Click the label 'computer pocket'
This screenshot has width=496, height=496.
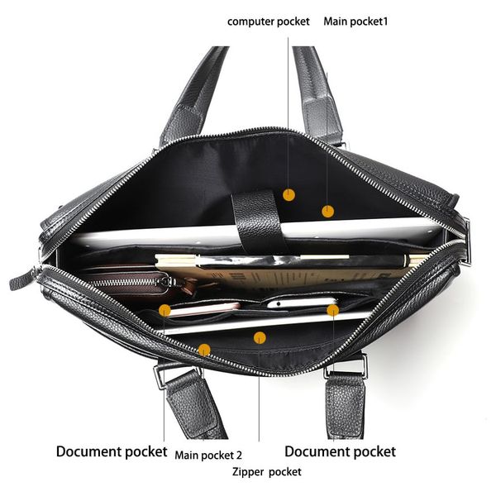click(268, 21)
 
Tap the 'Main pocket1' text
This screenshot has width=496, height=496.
click(355, 21)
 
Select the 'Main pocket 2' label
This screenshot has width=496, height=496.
click(208, 455)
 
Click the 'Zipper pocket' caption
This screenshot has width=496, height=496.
click(267, 472)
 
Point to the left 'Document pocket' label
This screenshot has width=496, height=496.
click(112, 451)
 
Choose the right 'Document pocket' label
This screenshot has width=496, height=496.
click(340, 451)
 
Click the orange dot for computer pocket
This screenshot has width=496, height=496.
click(289, 195)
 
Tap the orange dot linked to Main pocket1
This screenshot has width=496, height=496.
click(327, 212)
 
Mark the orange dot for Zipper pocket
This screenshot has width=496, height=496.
click(260, 338)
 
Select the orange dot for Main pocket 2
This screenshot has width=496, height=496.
click(204, 350)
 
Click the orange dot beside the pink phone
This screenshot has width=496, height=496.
click(165, 311)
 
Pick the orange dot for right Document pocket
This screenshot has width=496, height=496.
click(332, 311)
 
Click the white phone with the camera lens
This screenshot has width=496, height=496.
click(301, 303)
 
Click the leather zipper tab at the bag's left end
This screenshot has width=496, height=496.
click(24, 279)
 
